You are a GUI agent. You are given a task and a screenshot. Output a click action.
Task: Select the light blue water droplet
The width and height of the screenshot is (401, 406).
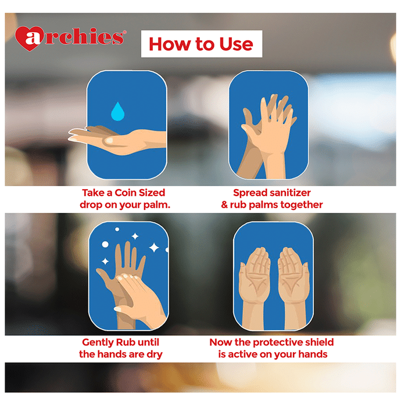(117, 111)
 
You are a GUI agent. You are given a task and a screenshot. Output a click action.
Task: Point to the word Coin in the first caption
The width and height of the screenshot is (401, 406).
(126, 193)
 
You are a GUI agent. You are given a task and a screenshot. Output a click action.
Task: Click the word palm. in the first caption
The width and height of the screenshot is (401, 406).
(157, 205)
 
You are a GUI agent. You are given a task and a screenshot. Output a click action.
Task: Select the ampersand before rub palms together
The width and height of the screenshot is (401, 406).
(224, 205)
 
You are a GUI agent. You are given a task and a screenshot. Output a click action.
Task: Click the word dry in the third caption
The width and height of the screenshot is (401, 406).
(155, 354)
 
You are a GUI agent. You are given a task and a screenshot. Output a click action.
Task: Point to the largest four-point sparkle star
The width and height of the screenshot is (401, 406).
(154, 247)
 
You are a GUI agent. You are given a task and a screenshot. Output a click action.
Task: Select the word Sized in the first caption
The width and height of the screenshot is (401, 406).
(152, 193)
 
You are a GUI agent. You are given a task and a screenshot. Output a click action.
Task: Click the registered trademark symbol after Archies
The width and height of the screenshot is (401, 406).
(125, 32)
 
